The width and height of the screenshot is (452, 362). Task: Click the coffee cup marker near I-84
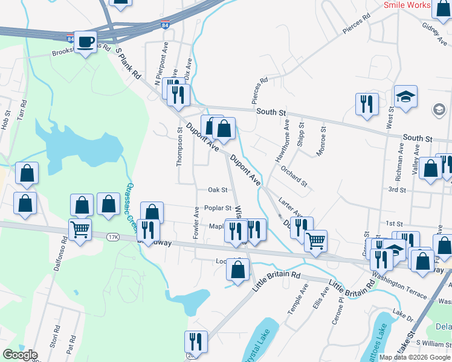pos(85,42)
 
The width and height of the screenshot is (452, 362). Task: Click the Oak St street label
pos(218,189)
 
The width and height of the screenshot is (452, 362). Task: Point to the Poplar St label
pos(218,208)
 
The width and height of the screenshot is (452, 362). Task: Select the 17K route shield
pos(113,237)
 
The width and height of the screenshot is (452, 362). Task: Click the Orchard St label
pos(294,176)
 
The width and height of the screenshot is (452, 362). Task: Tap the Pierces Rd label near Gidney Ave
pos(356,25)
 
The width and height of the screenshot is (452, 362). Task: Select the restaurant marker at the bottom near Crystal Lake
pos(196,341)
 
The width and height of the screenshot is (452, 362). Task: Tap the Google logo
pos(20,354)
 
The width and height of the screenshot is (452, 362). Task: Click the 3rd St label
pos(397,189)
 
